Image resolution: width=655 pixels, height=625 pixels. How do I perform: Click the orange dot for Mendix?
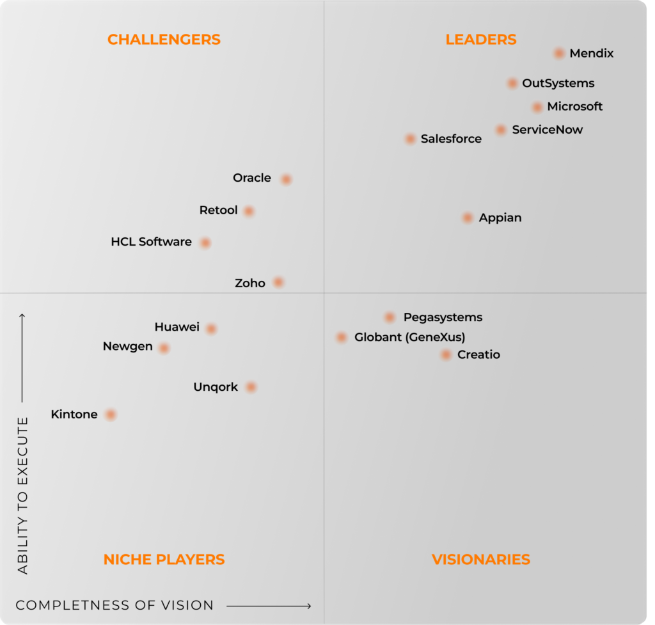click(x=559, y=54)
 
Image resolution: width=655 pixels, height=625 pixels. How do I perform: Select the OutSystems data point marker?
click(x=512, y=83)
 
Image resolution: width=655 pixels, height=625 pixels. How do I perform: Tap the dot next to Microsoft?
click(x=537, y=107)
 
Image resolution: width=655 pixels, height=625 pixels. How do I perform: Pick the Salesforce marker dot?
click(x=410, y=139)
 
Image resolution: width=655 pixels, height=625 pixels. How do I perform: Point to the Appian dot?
click(x=468, y=218)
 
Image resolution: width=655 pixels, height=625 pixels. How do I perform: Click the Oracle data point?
click(x=286, y=179)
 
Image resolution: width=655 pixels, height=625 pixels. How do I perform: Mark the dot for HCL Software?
click(x=205, y=242)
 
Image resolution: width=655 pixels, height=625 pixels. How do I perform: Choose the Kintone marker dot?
click(x=111, y=415)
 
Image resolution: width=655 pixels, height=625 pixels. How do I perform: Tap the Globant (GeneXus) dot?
click(x=342, y=337)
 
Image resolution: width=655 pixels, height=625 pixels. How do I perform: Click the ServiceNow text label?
click(x=547, y=130)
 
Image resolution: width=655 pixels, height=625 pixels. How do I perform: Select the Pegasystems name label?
click(x=443, y=317)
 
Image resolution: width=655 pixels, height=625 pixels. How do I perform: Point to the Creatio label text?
click(x=478, y=354)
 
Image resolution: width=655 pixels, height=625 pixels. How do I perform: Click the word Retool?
click(x=218, y=210)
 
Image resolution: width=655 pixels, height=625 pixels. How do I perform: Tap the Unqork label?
click(x=216, y=387)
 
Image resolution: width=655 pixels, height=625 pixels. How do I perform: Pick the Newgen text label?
click(x=127, y=347)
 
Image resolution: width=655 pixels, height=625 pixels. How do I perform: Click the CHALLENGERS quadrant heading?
click(x=164, y=40)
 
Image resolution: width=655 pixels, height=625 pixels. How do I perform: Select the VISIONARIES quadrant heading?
click(x=481, y=560)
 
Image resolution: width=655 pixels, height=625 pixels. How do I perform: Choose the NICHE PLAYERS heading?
click(x=164, y=560)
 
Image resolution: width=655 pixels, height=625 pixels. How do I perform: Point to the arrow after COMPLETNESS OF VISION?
click(x=269, y=606)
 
